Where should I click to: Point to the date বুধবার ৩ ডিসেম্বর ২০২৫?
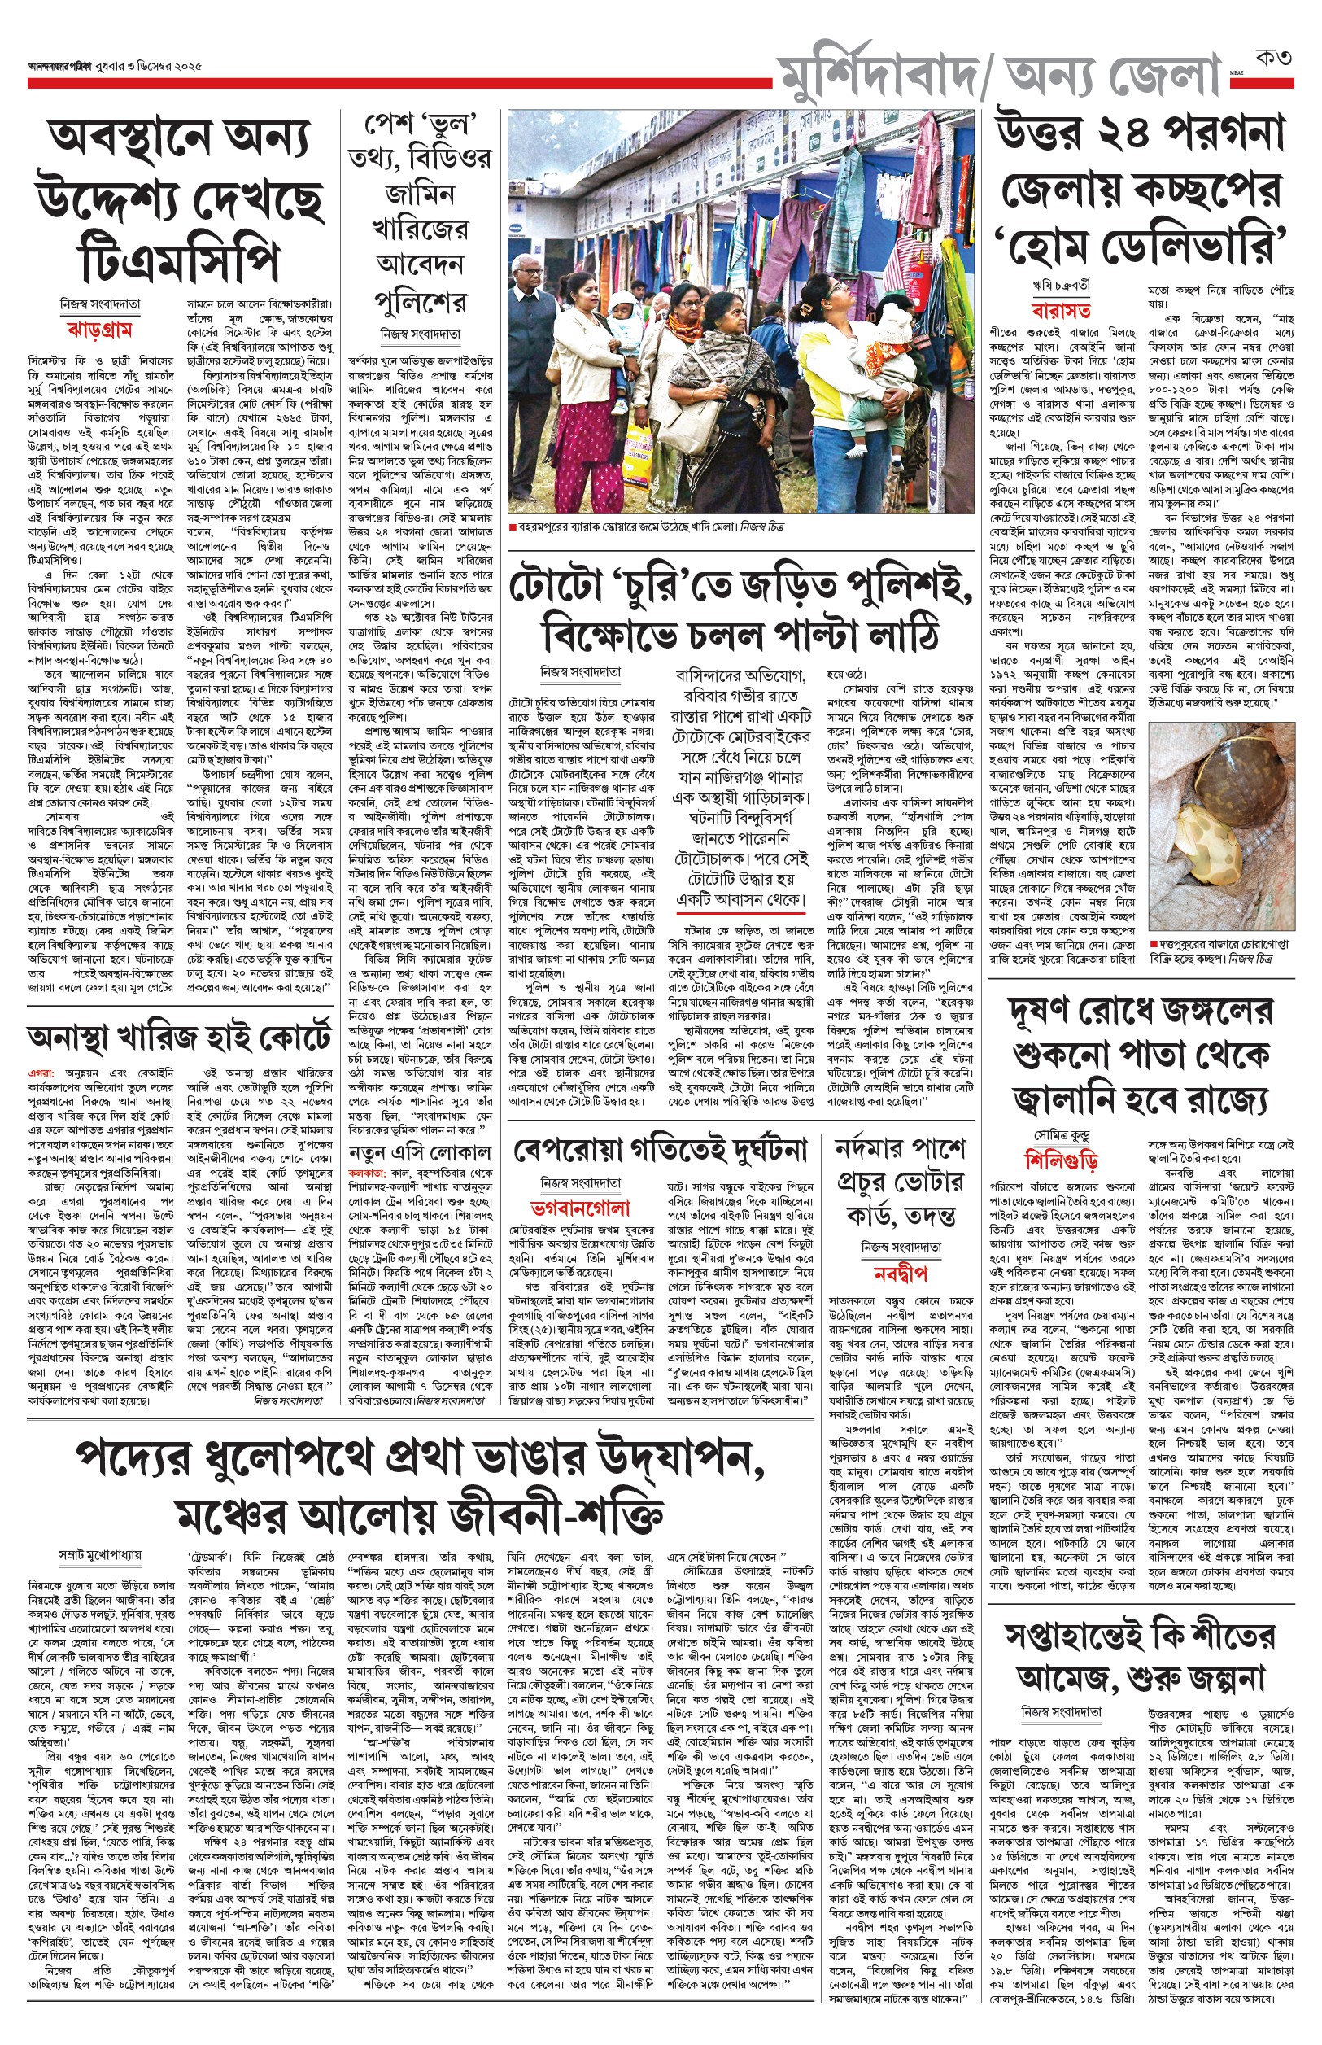point(151,65)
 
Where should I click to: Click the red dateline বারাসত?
point(1062,310)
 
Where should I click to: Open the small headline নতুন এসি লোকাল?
point(420,1151)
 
